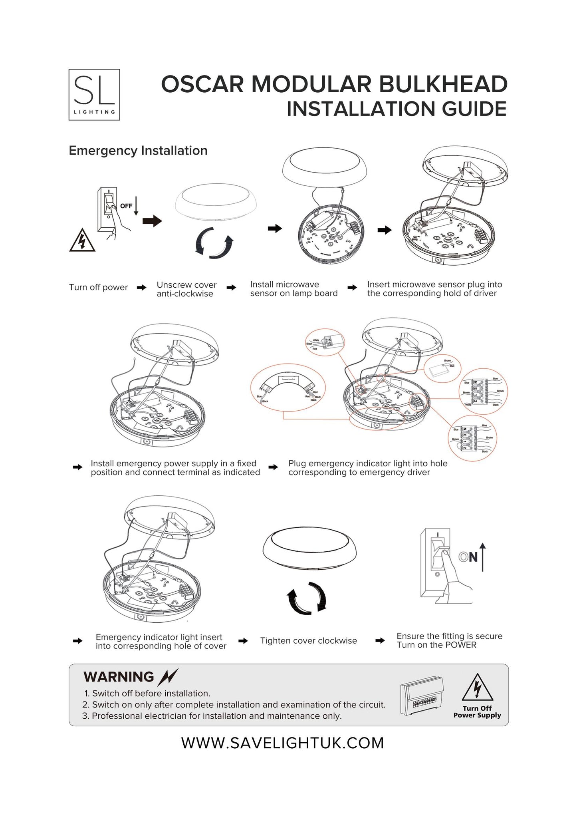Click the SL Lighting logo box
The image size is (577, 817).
coord(94,95)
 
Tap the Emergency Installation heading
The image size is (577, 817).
coord(138,151)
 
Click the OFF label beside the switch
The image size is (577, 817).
coord(126,206)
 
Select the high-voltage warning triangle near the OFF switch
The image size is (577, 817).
coord(82,241)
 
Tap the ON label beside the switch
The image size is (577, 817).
coord(468,557)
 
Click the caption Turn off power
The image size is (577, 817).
coord(98,287)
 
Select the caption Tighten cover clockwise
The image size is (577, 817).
coord(308,641)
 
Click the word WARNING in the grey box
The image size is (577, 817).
coord(119,677)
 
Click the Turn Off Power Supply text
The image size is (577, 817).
coord(477,712)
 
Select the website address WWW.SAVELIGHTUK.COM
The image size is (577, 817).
coord(283,743)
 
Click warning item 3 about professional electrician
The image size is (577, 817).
coord(212,716)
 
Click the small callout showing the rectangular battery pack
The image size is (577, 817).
coord(442,368)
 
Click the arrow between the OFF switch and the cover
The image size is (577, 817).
coord(152,221)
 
